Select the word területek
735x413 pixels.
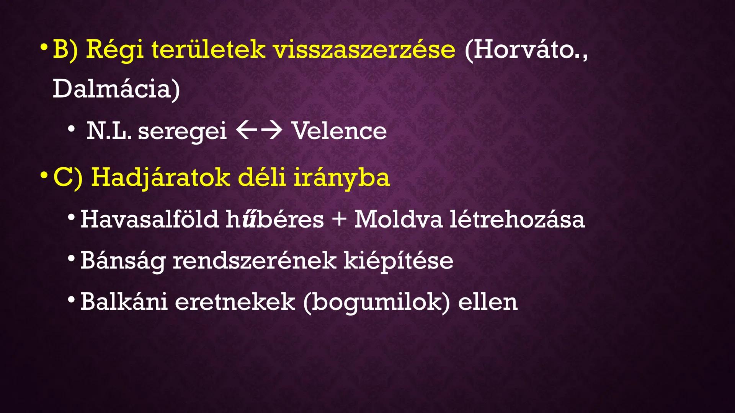[x=208, y=49]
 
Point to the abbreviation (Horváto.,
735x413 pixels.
[x=526, y=49]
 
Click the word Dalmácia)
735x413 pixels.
[x=116, y=89]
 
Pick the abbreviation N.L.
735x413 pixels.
[x=109, y=131]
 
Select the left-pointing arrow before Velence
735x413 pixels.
[x=246, y=130]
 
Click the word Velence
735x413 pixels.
[x=339, y=131]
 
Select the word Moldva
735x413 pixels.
[x=398, y=220]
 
